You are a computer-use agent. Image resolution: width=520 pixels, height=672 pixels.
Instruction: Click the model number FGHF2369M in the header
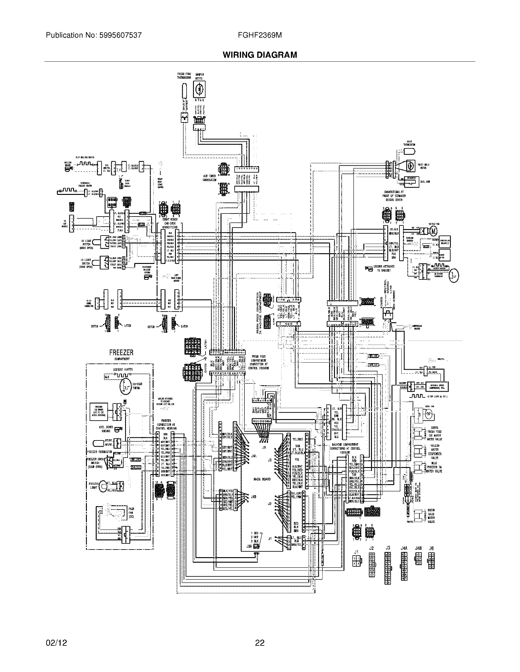(x=260, y=35)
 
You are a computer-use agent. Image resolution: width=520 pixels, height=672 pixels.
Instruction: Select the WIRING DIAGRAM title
(x=260, y=55)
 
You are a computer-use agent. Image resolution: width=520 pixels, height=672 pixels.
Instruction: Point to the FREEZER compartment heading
(x=121, y=352)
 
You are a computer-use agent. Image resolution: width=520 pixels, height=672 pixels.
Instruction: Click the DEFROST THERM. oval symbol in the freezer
(x=124, y=387)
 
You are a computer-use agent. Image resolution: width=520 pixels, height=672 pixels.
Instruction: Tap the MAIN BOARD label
(x=262, y=479)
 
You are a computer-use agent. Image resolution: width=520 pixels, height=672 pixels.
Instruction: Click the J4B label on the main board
(x=254, y=496)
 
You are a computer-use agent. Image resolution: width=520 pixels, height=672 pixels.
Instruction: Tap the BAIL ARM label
(x=425, y=181)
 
